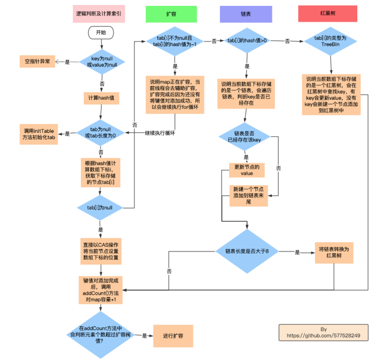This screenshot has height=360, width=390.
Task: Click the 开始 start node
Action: click(x=101, y=33)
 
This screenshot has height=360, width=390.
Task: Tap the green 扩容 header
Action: click(x=171, y=14)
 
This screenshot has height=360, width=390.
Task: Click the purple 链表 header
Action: click(x=246, y=14)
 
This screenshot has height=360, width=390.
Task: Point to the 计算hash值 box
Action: click(x=101, y=98)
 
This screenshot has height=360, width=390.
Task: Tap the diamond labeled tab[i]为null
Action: click(x=101, y=207)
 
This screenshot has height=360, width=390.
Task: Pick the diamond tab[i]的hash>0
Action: click(x=247, y=41)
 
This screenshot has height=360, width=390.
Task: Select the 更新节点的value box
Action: click(x=247, y=170)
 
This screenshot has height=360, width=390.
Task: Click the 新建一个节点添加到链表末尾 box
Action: click(x=248, y=196)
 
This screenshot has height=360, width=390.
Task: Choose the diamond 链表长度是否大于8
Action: click(x=247, y=251)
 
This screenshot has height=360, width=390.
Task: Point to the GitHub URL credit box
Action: click(x=324, y=332)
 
